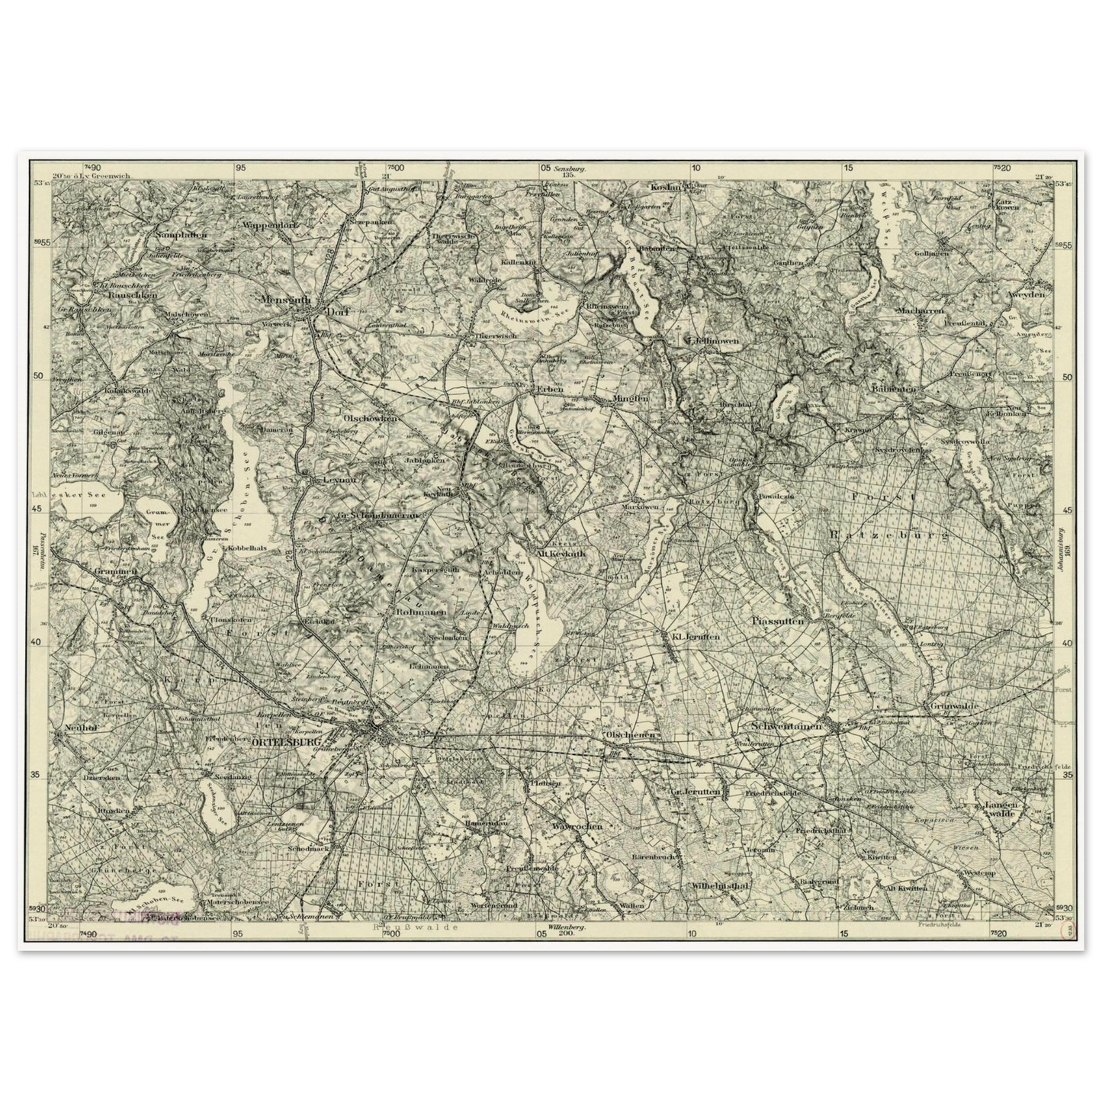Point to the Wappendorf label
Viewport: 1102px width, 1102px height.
coord(269,225)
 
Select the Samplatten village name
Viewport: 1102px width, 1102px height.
coord(181,236)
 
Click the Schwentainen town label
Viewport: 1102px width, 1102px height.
coord(786,727)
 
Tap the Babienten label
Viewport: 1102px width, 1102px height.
coord(895,389)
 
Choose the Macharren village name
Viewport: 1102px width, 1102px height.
coord(920,310)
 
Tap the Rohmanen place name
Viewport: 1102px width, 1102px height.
coord(415,612)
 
